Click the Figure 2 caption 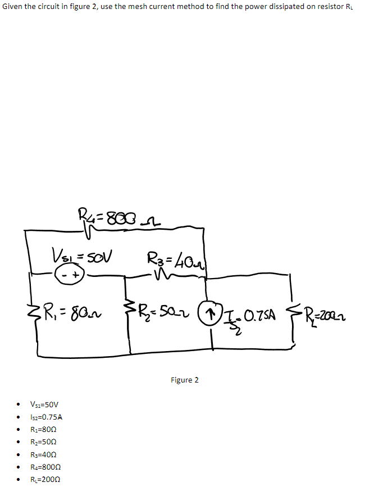point(184,380)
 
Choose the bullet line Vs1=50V point(44,404)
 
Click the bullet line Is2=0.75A point(47,417)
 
